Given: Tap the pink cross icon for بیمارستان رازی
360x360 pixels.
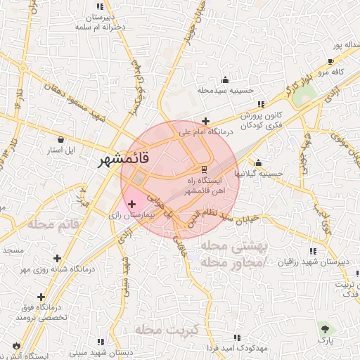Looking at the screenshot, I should (132, 204).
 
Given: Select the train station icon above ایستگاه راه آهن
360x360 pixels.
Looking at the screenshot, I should (204, 169).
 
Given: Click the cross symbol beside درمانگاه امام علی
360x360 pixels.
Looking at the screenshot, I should (205, 121).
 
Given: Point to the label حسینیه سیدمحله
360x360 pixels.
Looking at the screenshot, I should (224, 91).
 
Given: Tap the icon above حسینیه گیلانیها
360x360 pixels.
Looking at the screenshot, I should (259, 162).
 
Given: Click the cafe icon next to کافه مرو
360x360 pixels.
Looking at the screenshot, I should (330, 62).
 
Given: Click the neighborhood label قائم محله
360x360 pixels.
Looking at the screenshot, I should (58, 224).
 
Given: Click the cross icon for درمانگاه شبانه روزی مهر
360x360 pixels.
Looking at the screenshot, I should (56, 258).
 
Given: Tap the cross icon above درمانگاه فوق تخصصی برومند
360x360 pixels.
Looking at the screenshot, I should (41, 297).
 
